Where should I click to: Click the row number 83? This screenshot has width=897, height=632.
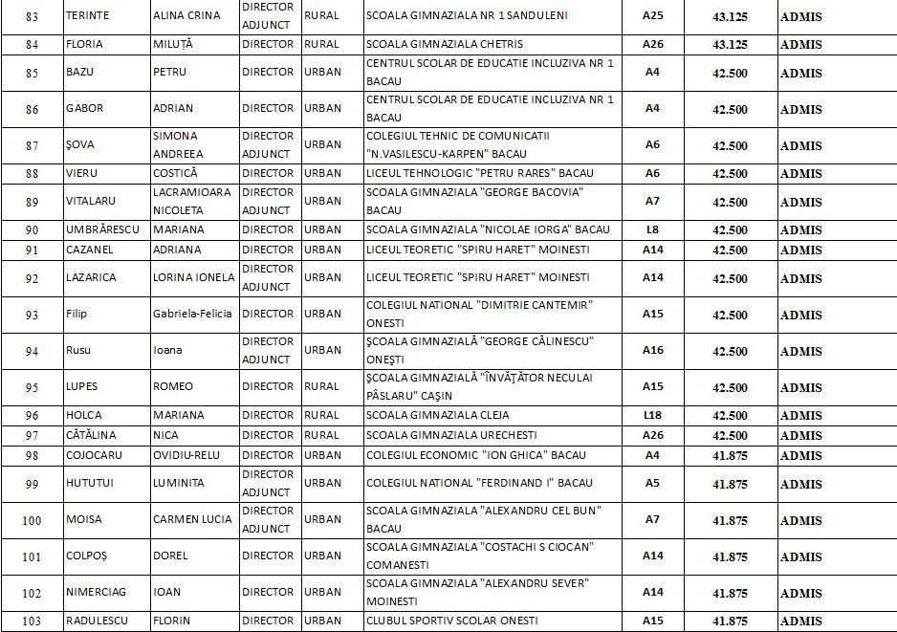click(33, 16)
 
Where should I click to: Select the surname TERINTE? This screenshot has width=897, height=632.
click(88, 16)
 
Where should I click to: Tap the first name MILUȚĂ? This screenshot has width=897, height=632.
click(177, 44)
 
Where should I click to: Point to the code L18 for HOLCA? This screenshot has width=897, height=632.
click(652, 415)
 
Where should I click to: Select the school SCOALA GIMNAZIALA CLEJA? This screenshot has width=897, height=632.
click(438, 415)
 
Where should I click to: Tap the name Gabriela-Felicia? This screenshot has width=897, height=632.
click(192, 315)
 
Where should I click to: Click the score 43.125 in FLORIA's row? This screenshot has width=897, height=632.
click(730, 45)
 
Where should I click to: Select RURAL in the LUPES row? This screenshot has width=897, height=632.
click(321, 386)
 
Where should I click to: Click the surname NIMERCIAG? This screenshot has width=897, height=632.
click(98, 592)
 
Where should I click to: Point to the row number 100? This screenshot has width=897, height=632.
click(33, 519)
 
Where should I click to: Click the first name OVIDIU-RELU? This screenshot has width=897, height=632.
click(187, 455)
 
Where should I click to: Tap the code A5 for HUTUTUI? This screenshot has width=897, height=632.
click(652, 483)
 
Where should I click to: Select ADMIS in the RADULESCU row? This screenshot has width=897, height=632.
click(800, 621)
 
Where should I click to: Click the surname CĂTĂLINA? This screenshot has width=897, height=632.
click(93, 435)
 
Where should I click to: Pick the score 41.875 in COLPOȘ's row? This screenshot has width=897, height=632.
click(730, 556)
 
